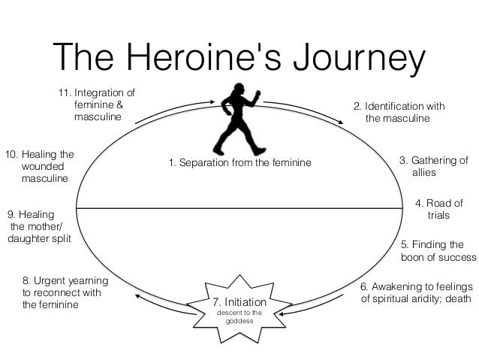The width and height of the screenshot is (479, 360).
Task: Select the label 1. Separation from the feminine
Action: [239, 162]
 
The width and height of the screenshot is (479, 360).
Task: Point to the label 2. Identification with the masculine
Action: [399, 113]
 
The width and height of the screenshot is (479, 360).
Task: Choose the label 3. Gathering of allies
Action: [433, 166]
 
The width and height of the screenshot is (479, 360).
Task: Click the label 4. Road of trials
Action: [438, 208]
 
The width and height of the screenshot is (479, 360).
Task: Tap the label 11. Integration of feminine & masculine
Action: [98, 105]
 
